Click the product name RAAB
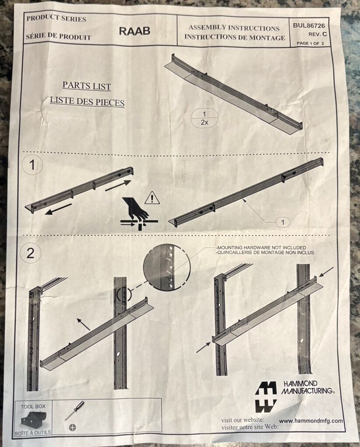pos(134,31)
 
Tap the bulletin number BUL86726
pos(309,25)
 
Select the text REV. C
pos(317,35)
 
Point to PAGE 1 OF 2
pos(310,43)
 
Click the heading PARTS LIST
pos(87,85)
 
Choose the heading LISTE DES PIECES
pos(87,101)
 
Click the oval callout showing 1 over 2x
pos(204,118)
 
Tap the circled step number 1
pos(32,165)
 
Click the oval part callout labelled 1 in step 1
pos(282,222)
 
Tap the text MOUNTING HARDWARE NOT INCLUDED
pos(261,248)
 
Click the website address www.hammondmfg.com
pos(311,421)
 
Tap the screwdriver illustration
pos(74,410)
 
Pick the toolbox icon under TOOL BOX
pos(34,419)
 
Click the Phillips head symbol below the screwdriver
pos(73,427)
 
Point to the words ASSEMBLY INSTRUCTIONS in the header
pos(234,28)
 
